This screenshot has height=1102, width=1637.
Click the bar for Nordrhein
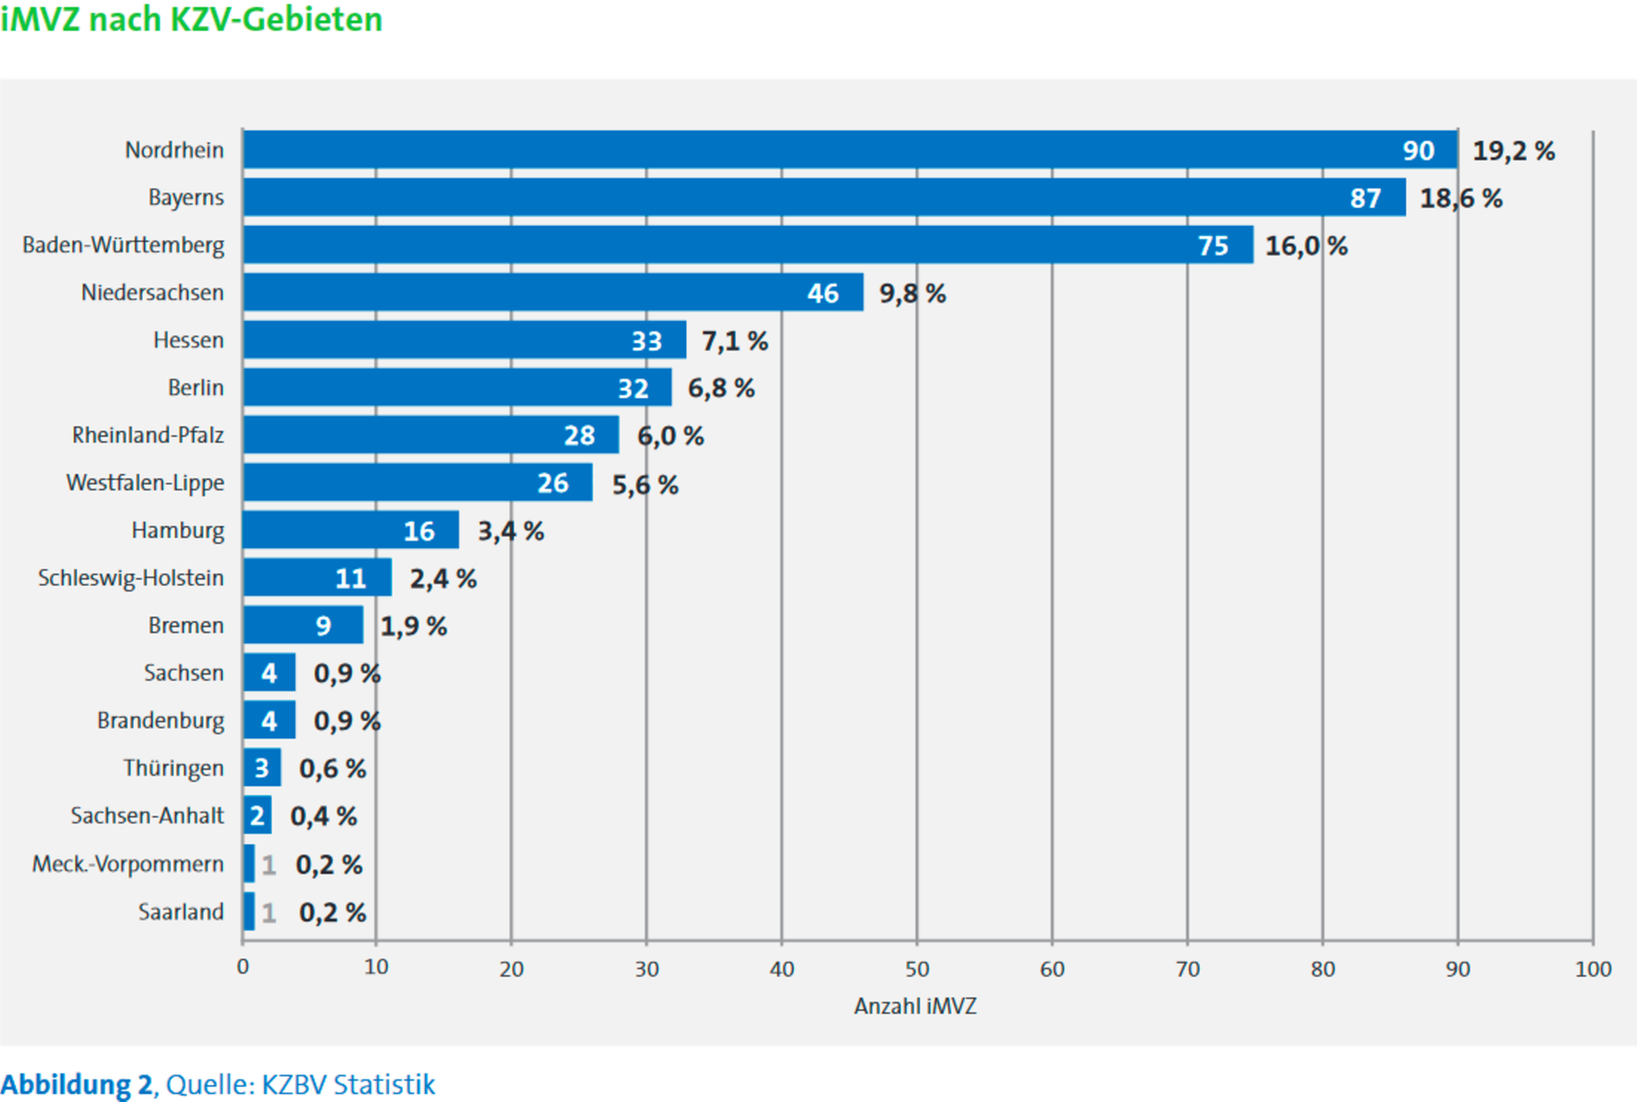point(850,150)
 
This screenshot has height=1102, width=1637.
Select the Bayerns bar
point(824,197)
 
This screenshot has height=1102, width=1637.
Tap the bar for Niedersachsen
point(552,292)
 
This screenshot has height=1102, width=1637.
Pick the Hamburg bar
point(350,530)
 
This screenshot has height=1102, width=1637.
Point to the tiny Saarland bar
point(249,912)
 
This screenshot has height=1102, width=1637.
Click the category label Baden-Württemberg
point(123,246)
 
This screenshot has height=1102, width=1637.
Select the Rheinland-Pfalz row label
point(147,435)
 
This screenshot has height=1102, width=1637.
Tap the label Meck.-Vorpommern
point(128,863)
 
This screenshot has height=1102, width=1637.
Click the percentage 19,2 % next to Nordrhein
point(1513,152)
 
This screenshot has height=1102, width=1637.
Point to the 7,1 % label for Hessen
point(734,341)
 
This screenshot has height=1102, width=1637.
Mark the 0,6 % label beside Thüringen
point(333,769)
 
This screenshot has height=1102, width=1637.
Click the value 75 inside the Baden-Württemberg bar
point(1213,246)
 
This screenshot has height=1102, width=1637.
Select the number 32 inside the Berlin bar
point(633,389)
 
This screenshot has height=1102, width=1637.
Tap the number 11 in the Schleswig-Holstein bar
point(351,578)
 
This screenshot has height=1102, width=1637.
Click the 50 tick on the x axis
point(917,969)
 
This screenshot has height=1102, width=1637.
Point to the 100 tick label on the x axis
point(1592,969)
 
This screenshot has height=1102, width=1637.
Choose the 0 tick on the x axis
point(243,968)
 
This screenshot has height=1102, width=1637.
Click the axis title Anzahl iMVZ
point(915,1006)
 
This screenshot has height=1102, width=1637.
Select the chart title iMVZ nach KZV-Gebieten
point(191,19)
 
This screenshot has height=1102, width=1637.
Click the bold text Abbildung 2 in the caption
point(77,1084)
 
